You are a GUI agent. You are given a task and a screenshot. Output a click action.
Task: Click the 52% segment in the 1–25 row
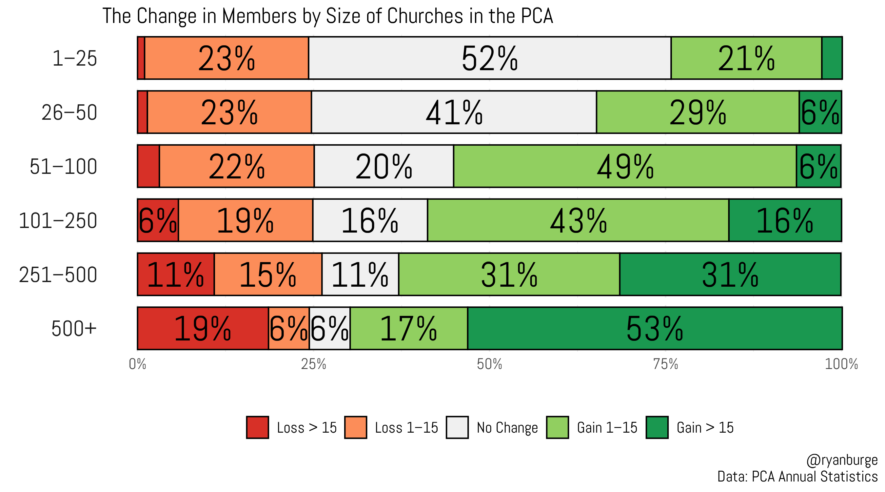pyautogui.click(x=490, y=58)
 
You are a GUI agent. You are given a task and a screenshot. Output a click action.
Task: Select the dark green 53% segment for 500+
pyautogui.click(x=655, y=328)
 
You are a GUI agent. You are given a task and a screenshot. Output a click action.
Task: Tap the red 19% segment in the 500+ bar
pyautogui.click(x=203, y=328)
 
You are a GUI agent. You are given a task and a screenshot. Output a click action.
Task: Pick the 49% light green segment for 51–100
pyautogui.click(x=625, y=166)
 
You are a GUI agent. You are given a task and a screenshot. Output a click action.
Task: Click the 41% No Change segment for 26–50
pyautogui.click(x=454, y=112)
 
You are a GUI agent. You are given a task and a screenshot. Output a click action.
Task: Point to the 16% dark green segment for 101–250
pyautogui.click(x=785, y=220)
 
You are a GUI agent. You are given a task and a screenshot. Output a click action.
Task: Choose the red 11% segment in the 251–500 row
pyautogui.click(x=176, y=274)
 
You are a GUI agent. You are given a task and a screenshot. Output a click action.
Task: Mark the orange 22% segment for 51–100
pyautogui.click(x=237, y=166)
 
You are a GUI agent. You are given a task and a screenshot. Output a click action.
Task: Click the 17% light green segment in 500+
pyautogui.click(x=409, y=328)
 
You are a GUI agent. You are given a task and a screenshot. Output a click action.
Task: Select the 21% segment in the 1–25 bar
pyautogui.click(x=746, y=58)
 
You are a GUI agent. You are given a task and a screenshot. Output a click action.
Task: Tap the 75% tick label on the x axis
pyautogui.click(x=665, y=364)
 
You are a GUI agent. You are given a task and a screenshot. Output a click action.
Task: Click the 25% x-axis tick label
pyautogui.click(x=313, y=364)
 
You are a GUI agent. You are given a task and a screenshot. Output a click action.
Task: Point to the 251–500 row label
pyautogui.click(x=58, y=275)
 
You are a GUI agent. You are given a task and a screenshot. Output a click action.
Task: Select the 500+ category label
pyautogui.click(x=74, y=329)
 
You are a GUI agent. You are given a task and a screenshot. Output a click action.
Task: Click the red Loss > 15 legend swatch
pyautogui.click(x=257, y=427)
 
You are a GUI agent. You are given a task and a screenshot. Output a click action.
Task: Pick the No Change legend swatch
pyautogui.click(x=457, y=427)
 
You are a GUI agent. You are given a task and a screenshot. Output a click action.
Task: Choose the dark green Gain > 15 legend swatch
pyautogui.click(x=657, y=427)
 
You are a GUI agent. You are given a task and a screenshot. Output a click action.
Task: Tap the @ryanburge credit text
pyautogui.click(x=842, y=460)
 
